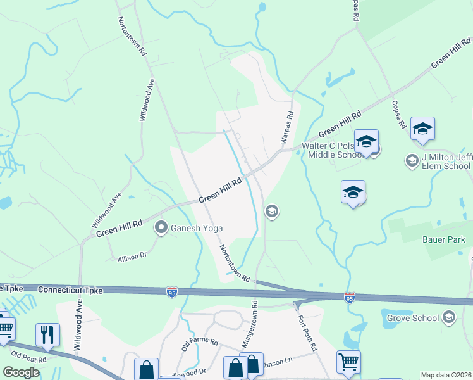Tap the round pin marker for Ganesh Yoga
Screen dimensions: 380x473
click(161, 227)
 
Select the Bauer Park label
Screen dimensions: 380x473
click(443, 239)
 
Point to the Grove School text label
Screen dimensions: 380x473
click(412, 317)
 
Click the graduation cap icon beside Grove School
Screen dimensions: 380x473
click(449, 317)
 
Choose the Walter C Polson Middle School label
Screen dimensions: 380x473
click(332, 150)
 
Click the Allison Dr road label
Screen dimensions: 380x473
click(132, 256)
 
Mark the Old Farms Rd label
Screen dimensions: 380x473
click(199, 343)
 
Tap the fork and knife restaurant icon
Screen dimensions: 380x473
click(47, 334)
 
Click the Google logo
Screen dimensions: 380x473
click(21, 372)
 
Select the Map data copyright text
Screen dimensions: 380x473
click(446, 375)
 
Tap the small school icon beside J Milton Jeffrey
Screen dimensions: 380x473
click(412, 161)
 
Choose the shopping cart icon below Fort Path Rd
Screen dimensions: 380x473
click(348, 362)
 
